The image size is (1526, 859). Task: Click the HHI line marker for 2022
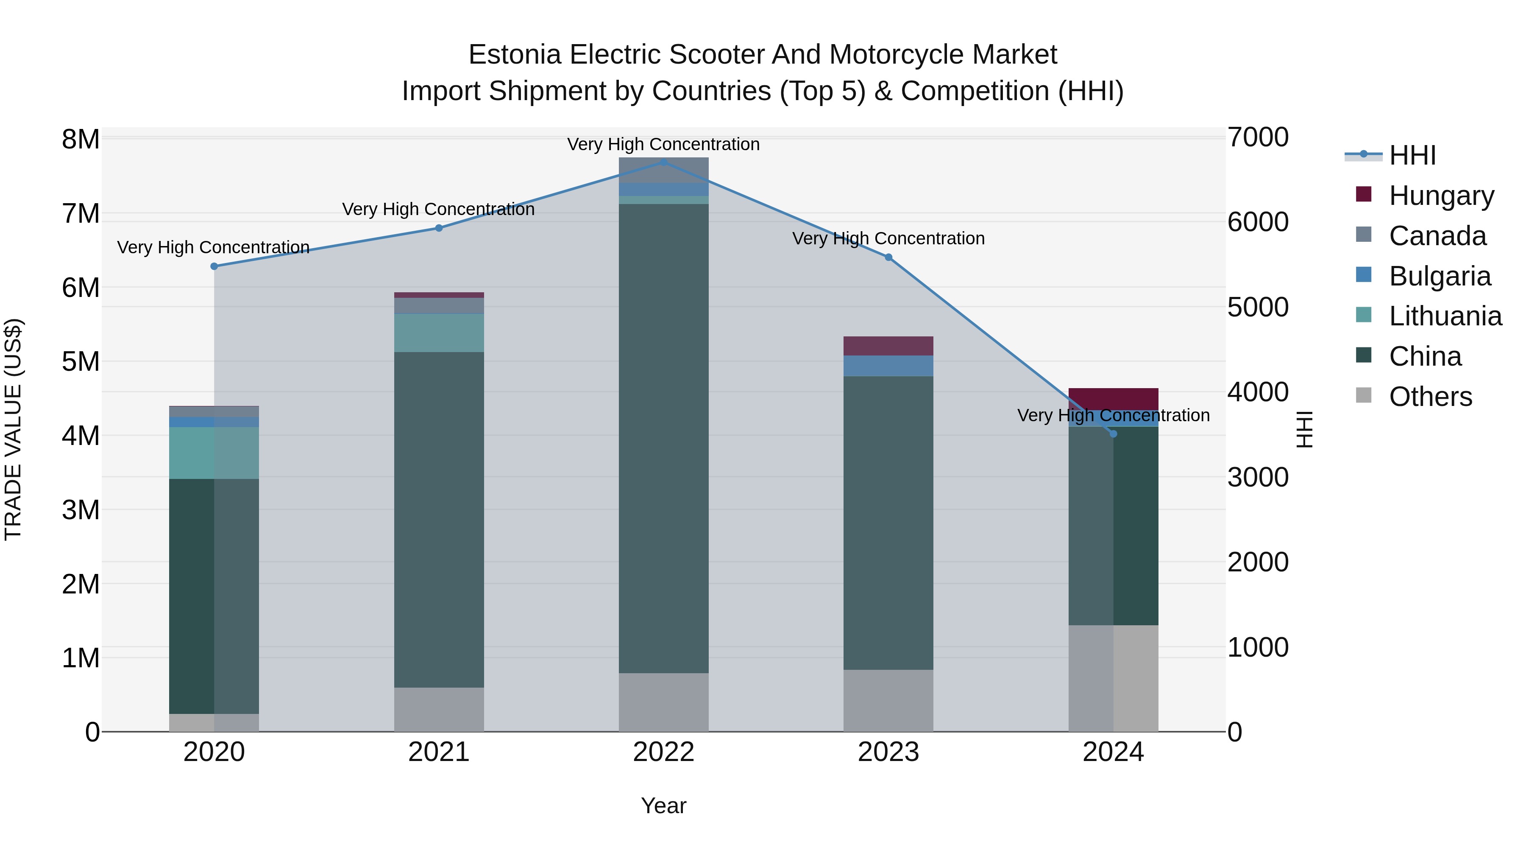pyautogui.click(x=663, y=162)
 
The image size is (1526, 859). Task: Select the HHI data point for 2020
pyautogui.click(x=214, y=266)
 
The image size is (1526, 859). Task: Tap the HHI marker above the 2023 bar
pyautogui.click(x=888, y=257)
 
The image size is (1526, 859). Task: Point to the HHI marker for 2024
pyautogui.click(x=1113, y=434)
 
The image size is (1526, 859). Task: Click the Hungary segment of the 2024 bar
pyautogui.click(x=1113, y=398)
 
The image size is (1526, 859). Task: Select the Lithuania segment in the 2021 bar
pyautogui.click(x=439, y=333)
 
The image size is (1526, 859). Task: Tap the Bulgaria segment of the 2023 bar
pyautogui.click(x=888, y=366)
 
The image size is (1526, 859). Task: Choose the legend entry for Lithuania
pyautogui.click(x=1445, y=316)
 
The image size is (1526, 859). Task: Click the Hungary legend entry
pyautogui.click(x=1441, y=195)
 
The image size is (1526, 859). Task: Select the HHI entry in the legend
pyautogui.click(x=1412, y=155)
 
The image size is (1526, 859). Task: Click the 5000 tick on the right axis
pyautogui.click(x=1258, y=307)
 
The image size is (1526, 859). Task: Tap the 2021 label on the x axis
pyautogui.click(x=439, y=752)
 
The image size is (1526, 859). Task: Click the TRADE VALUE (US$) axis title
pyautogui.click(x=13, y=429)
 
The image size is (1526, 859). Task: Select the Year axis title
pyautogui.click(x=663, y=806)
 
